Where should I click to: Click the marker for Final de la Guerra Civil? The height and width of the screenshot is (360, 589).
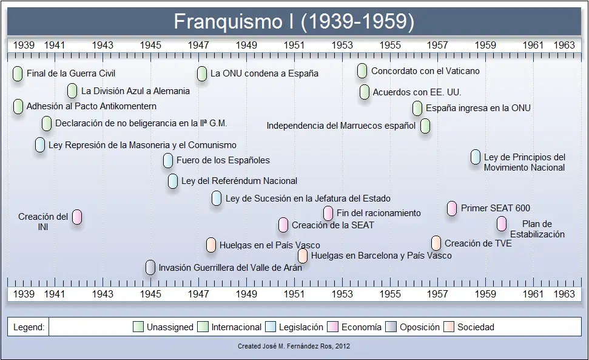pos(18,74)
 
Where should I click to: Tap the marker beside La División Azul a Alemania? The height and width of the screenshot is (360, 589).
pos(72,91)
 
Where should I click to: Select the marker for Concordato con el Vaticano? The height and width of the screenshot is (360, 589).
pos(362,71)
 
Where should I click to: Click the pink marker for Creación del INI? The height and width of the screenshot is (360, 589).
pos(77,217)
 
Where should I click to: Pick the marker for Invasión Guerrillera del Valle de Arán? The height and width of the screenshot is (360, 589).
pos(150,268)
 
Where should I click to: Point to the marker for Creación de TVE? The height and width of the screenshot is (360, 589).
pos(436,243)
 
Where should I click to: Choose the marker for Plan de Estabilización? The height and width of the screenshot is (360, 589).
pos(502,225)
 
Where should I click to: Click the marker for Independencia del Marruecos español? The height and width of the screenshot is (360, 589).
pos(425,126)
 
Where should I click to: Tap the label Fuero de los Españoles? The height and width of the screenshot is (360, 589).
pos(223,160)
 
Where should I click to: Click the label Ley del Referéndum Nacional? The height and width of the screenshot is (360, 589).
pos(239,181)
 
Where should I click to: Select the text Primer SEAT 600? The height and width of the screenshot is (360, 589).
pos(496,208)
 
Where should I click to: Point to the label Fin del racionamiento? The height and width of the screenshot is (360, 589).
pos(379,213)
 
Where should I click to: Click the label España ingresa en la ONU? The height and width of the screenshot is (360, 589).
pos(478,108)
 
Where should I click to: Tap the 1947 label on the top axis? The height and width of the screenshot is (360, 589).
pos(198,46)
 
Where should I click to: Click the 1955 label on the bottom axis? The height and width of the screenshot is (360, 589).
pos(390,294)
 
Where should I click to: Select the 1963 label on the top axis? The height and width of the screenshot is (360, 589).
pos(564,46)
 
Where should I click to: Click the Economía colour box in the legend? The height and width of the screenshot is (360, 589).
pos(333,327)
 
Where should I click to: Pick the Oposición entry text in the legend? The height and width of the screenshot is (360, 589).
pos(420,327)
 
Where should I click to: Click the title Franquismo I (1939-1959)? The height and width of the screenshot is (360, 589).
pos(294,21)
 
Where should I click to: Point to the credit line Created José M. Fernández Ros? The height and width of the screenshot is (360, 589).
pos(294,346)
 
